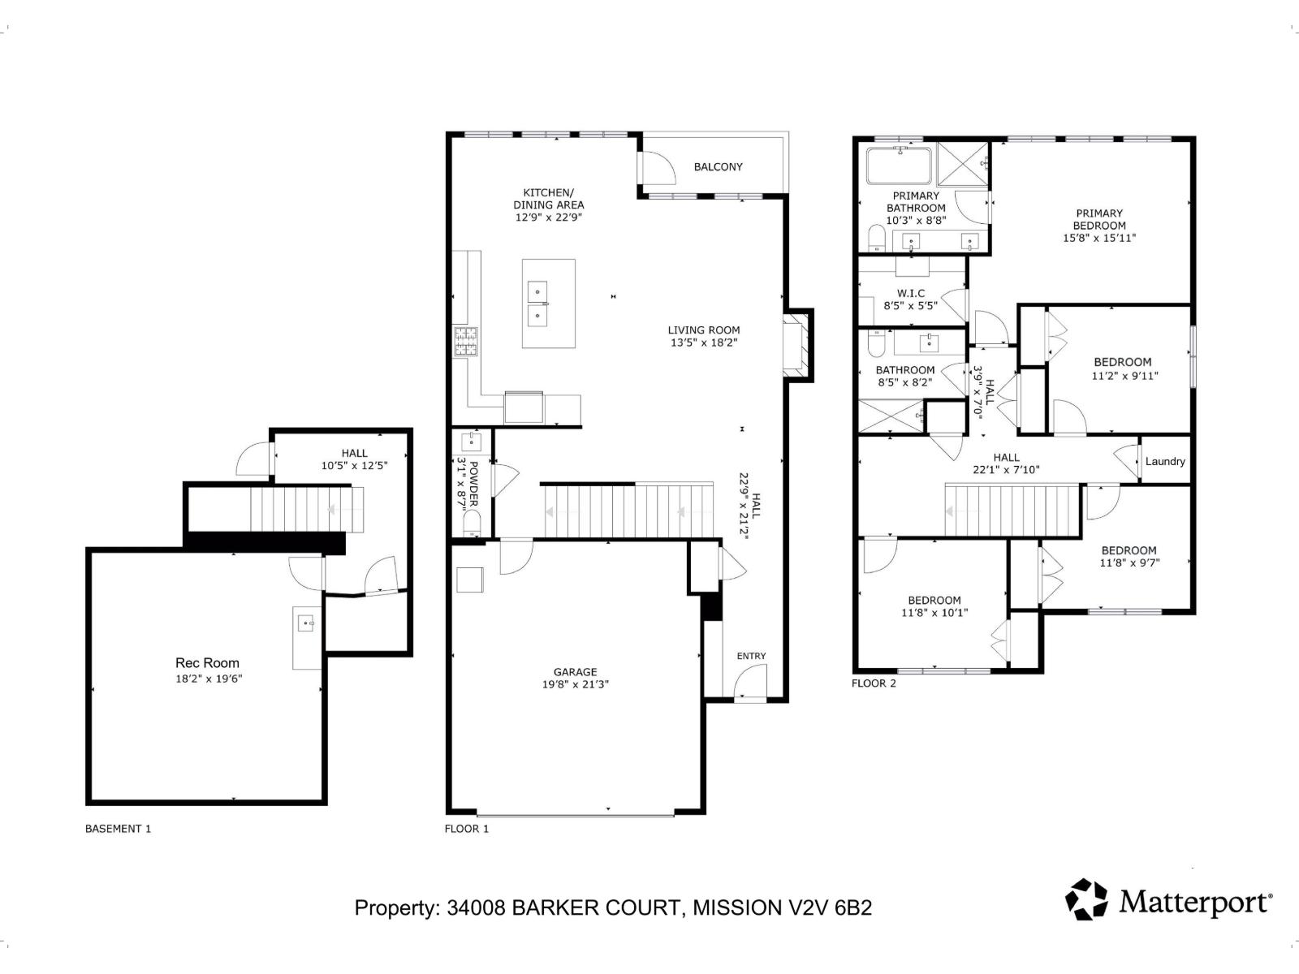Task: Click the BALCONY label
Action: coord(718,166)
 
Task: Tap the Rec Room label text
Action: coord(207,663)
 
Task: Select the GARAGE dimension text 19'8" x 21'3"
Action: coord(576,684)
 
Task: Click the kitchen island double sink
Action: coord(538,303)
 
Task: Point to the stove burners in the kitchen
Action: coord(465,341)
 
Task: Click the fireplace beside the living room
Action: coord(797,345)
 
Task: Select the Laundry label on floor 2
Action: coord(1165,461)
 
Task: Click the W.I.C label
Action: coord(910,293)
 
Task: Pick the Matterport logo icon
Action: coord(1086,899)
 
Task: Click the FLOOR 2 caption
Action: coord(874,683)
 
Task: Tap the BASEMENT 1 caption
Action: coord(118,829)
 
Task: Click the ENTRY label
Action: coord(751,656)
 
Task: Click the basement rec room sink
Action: coord(306,623)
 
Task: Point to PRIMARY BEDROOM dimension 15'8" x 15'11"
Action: coord(1099,238)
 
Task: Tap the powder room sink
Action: coord(472,442)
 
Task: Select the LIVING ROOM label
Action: coord(704,330)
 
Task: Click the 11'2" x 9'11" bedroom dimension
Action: coord(1124,375)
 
